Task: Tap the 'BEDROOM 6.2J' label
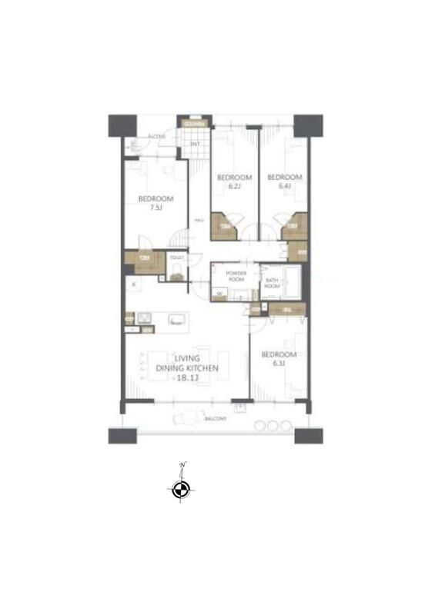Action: point(229,181)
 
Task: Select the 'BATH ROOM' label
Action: point(271,283)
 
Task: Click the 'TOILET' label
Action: point(177,258)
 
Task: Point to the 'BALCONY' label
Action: point(215,419)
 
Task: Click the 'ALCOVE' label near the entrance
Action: point(157,137)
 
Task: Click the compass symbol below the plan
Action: point(181,490)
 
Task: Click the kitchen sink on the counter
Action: point(145,317)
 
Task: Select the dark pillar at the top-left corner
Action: point(122,125)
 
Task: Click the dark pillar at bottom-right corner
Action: point(308,434)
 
